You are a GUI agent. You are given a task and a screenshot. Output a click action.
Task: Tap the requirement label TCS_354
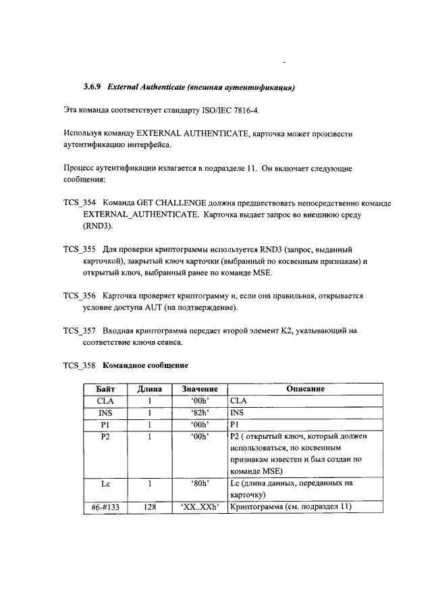point(80,203)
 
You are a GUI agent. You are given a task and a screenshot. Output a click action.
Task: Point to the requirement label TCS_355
point(80,249)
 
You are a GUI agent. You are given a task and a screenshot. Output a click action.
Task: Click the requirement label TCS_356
point(80,296)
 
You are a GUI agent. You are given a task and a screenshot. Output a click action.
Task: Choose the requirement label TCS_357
point(80,331)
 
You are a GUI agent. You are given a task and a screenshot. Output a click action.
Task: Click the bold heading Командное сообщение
point(145,365)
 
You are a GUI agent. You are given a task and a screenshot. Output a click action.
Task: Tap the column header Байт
point(105,389)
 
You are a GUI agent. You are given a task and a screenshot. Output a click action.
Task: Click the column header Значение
point(199,389)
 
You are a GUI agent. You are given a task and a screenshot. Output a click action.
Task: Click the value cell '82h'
point(199,412)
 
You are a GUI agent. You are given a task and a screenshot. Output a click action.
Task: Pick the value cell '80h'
point(199,483)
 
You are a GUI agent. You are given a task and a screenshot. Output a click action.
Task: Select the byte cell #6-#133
point(105,507)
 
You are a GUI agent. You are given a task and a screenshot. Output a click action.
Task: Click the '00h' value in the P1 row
point(199,423)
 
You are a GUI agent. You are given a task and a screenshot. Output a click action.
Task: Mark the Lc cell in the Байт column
point(105,483)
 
